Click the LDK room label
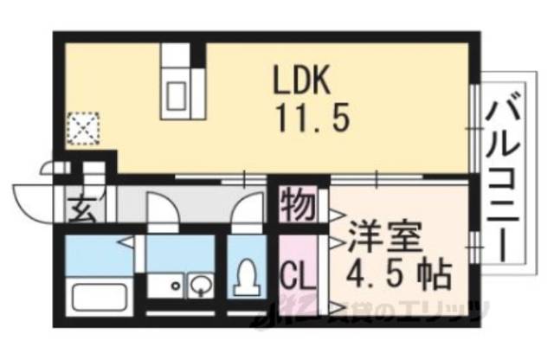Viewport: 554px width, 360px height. coord(302,82)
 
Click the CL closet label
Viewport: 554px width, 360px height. coord(296,278)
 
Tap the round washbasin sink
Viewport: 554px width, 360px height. coord(200,283)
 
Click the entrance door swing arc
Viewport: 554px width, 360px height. coord(33,199)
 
